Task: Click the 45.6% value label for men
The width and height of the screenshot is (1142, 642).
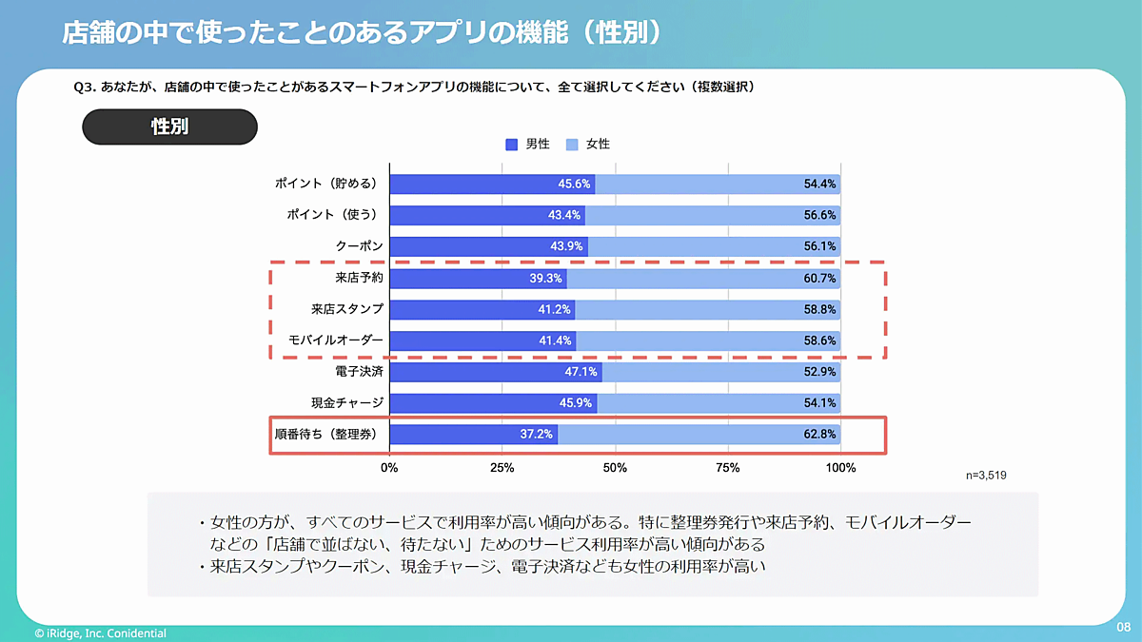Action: point(575,184)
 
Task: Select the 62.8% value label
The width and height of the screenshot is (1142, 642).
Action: point(819,435)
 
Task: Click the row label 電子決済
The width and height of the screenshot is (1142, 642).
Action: point(360,372)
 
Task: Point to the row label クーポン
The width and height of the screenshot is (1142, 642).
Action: point(360,246)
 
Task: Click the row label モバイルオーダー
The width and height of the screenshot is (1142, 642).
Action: point(336,340)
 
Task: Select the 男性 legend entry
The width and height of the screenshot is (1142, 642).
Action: point(528,145)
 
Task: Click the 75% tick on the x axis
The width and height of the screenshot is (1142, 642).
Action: point(727,468)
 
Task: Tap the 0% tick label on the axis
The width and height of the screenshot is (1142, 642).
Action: point(389,468)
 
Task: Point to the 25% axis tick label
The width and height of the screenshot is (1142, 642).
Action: point(502,468)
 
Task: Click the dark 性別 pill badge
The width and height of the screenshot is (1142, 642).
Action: point(169,126)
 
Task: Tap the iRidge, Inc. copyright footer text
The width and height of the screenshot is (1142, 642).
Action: point(100,633)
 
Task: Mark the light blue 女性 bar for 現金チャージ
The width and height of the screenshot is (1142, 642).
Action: point(719,403)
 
